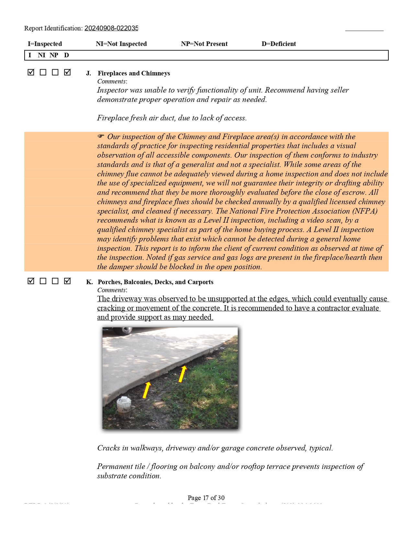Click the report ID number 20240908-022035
point(111,28)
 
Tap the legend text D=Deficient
point(279,44)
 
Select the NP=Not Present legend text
point(204,44)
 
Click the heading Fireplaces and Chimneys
point(134,73)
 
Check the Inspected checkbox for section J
point(31,72)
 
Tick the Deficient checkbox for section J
point(67,72)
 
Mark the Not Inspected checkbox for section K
point(43,281)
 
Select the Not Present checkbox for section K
point(55,281)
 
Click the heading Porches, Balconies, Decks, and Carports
point(155,282)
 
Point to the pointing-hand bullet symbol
point(101,136)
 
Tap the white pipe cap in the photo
point(123,403)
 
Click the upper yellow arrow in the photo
point(183,373)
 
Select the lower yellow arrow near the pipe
point(147,390)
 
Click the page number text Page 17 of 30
point(206,498)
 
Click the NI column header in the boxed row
point(41,55)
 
